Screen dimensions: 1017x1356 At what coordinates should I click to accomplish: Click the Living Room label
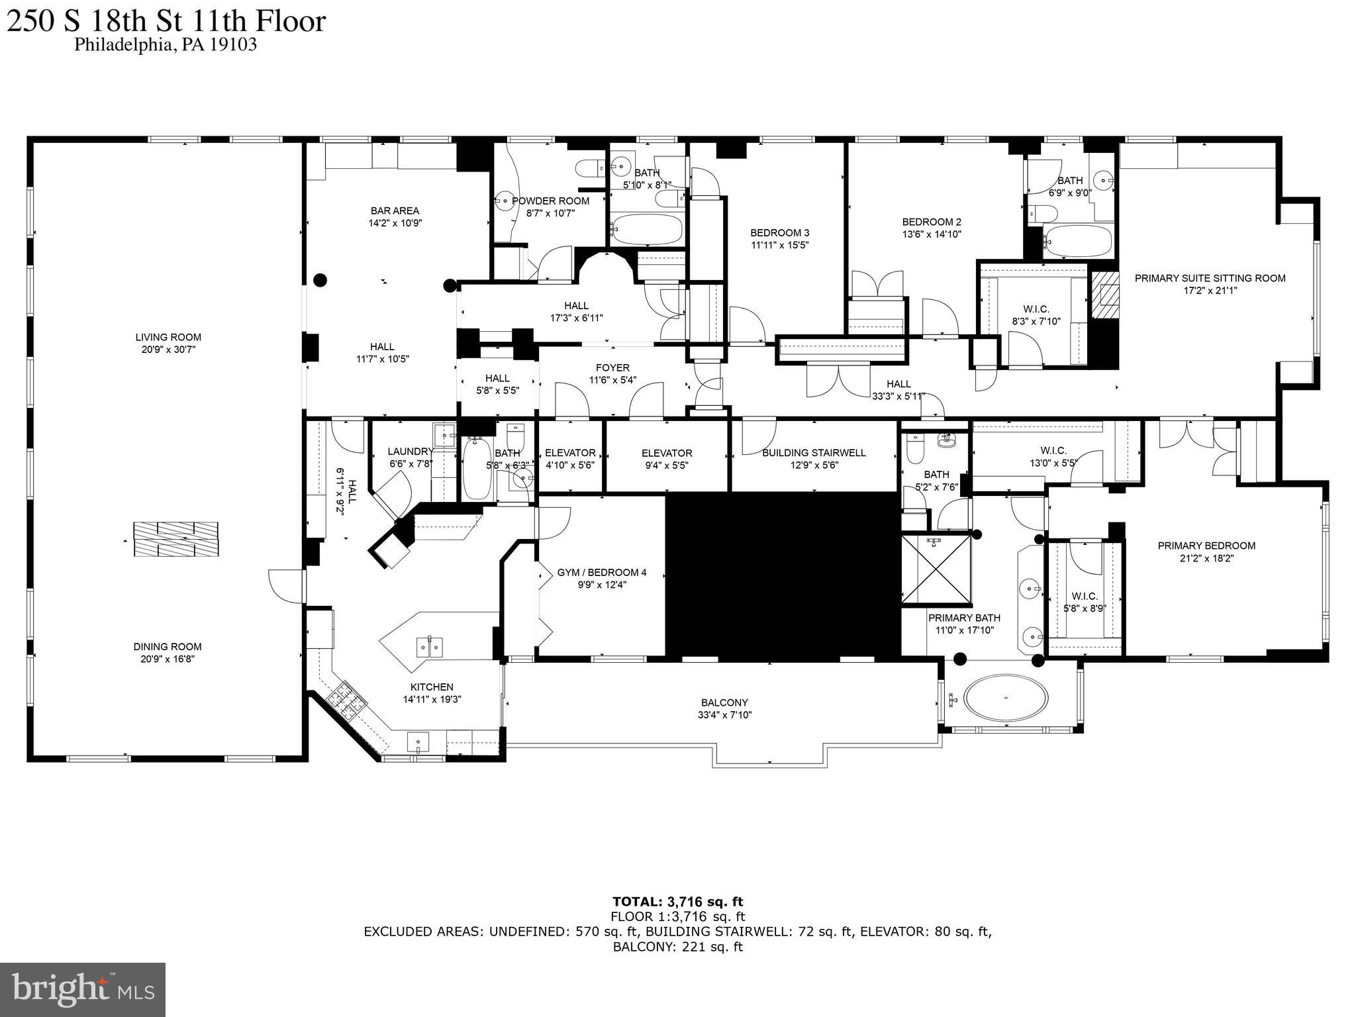(x=168, y=337)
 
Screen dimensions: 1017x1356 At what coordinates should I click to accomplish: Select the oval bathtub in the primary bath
(x=1006, y=697)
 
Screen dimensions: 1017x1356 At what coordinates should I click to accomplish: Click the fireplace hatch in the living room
(x=175, y=539)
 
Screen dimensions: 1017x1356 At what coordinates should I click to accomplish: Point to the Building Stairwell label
(x=814, y=453)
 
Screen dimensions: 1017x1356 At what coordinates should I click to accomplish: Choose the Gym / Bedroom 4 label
(x=601, y=572)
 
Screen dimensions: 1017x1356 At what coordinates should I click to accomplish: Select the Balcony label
(x=724, y=702)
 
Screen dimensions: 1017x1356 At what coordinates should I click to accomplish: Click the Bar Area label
(x=395, y=211)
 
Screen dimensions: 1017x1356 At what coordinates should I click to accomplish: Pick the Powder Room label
(x=550, y=201)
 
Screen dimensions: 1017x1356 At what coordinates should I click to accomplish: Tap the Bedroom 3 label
(x=779, y=232)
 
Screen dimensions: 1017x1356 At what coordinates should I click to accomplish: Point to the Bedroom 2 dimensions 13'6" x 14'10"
(x=932, y=234)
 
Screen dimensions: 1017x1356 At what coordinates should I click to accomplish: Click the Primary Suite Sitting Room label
(x=1210, y=278)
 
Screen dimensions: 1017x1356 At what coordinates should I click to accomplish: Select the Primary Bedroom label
(x=1206, y=546)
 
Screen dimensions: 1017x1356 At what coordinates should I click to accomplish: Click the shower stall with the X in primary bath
(x=936, y=570)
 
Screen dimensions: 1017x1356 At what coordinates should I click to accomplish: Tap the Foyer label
(x=612, y=367)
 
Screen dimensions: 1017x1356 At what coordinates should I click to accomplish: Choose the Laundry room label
(x=410, y=452)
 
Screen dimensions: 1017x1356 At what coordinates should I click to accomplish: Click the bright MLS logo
(x=83, y=989)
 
